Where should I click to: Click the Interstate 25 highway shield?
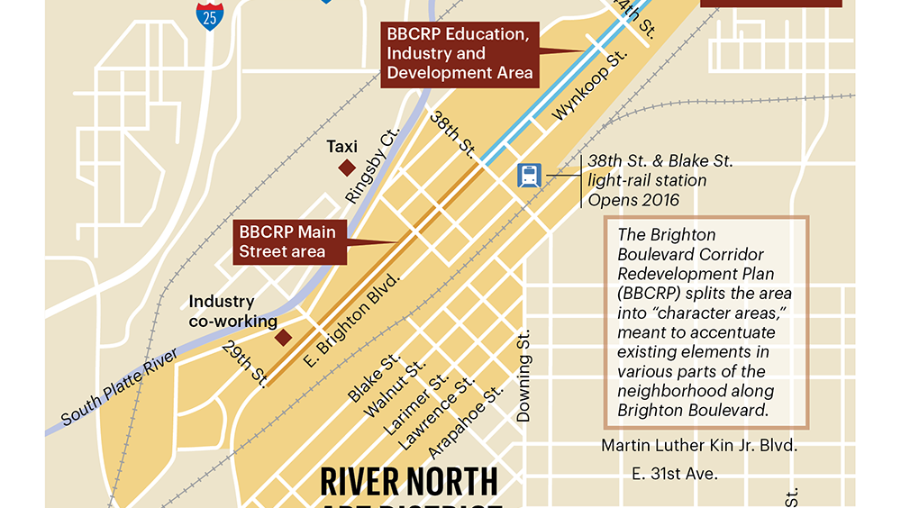click(x=211, y=15)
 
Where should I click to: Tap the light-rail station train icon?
click(x=529, y=175)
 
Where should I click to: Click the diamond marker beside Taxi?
click(x=346, y=168)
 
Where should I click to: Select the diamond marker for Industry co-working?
click(x=283, y=337)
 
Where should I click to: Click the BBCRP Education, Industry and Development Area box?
click(x=460, y=53)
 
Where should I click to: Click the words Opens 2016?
click(x=633, y=200)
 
